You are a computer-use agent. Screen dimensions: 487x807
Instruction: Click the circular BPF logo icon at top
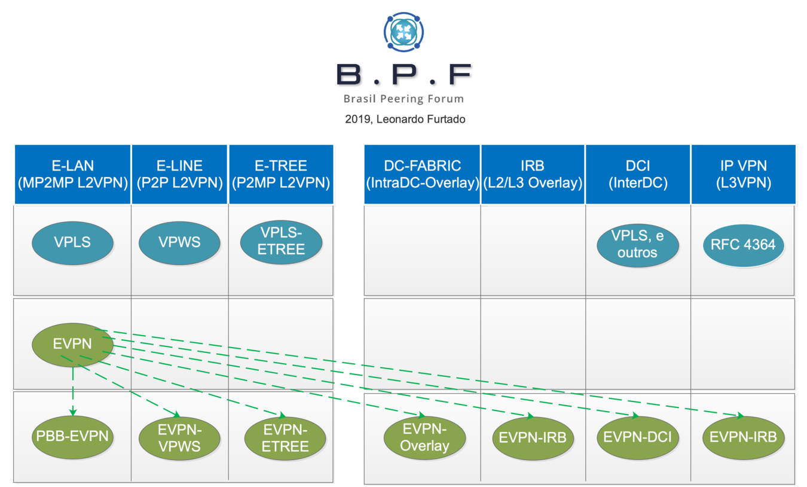(x=403, y=32)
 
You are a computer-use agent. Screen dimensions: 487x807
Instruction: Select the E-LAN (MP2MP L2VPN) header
(x=72, y=174)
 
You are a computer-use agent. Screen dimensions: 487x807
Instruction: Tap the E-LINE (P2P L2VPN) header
(x=179, y=174)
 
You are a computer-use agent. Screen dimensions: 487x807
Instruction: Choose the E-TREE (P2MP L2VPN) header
(x=281, y=174)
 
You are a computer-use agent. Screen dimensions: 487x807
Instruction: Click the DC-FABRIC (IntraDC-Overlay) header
(x=422, y=174)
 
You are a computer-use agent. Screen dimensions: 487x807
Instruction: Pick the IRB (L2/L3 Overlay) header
(x=533, y=174)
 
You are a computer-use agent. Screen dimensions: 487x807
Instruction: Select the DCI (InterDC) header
(x=637, y=174)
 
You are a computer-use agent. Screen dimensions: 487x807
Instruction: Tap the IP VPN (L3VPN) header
(x=743, y=174)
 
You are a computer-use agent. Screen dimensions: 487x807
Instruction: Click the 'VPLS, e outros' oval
(x=637, y=245)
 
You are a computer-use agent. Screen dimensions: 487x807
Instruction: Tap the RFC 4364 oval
(x=743, y=244)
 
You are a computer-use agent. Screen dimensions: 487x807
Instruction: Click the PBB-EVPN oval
(x=72, y=436)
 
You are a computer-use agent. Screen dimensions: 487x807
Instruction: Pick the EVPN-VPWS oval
(x=179, y=439)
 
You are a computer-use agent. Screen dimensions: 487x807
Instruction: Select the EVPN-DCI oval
(x=637, y=437)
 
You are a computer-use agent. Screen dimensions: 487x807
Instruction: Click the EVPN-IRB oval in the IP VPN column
(x=743, y=437)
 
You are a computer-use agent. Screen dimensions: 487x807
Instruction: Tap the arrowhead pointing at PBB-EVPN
(x=73, y=412)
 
